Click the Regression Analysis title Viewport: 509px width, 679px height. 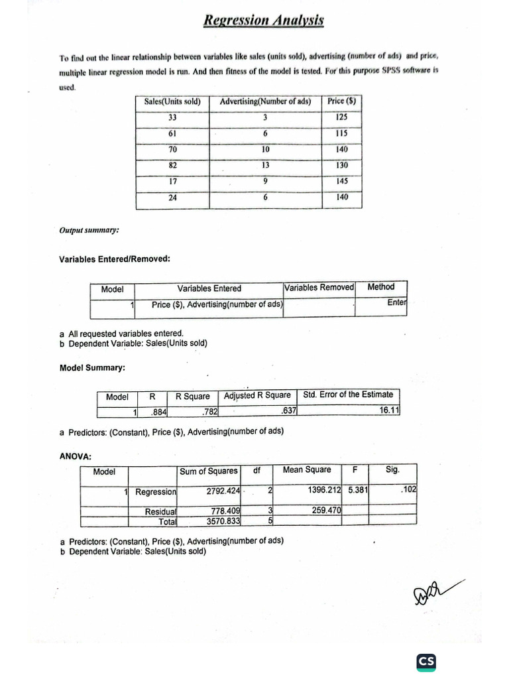point(263,20)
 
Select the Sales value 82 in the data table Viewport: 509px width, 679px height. point(173,165)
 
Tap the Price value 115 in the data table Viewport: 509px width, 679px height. point(342,133)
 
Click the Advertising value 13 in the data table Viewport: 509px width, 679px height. point(265,165)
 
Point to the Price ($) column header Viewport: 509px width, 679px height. point(342,101)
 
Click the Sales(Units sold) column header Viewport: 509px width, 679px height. point(172,101)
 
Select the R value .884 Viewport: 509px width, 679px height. point(159,412)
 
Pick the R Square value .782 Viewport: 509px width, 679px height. point(209,412)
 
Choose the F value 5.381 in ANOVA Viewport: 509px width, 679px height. point(358,490)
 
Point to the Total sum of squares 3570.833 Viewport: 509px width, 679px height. point(223,521)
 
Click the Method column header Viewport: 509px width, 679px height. point(380,287)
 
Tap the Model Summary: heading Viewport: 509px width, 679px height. point(92,367)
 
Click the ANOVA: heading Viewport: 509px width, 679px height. point(76,456)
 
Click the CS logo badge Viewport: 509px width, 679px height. point(426,661)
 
